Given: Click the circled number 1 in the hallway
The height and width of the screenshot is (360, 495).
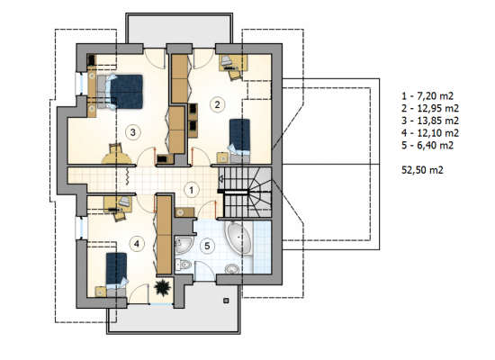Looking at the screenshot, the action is coord(192,190).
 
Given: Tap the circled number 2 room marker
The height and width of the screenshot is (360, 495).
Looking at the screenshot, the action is coord(217,104).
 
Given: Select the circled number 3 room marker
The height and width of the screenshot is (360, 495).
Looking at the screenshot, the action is coord(132,132).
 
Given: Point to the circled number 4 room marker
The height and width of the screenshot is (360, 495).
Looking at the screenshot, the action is coord(137,244).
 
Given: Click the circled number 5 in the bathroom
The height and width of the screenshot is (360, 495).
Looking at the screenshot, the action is coord(207,246).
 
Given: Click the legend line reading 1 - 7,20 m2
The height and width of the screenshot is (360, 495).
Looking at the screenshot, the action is coord(427,95).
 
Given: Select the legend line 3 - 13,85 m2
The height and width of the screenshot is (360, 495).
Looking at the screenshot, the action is coord(430,121).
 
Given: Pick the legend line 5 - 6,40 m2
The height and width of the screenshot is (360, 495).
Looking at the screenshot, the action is coord(427,145).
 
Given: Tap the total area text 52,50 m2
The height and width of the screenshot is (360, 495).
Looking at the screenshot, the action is coord(422,170).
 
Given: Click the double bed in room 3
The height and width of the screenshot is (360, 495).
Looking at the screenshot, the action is coord(120,92).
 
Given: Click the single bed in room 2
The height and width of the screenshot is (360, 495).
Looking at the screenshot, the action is coord(239,138).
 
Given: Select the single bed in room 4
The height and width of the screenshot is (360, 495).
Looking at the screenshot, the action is coord(116,271).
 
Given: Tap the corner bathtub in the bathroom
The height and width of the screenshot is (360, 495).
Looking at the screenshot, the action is coord(238,238).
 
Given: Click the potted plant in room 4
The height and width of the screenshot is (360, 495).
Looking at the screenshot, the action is coord(163,287).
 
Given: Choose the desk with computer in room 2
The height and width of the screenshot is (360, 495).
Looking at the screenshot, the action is coord(233,63).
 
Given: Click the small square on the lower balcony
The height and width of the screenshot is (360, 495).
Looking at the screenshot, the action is coord(226,301).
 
